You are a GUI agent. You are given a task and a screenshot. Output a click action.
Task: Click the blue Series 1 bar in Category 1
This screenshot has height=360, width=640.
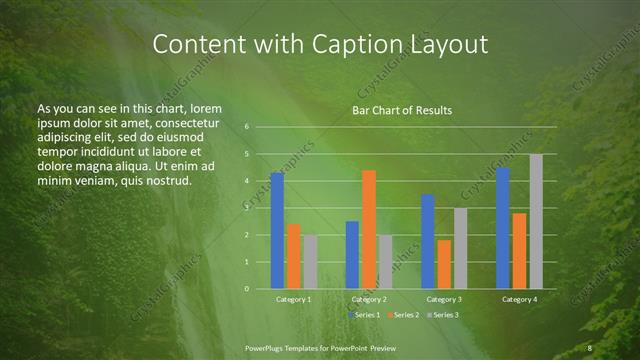click(x=277, y=231)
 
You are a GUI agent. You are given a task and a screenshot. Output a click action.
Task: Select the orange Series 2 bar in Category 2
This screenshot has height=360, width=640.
click(x=369, y=229)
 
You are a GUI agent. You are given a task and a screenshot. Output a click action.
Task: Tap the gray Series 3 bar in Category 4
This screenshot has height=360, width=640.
click(x=536, y=221)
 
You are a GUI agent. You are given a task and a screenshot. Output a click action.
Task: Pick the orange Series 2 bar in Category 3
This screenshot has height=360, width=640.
click(x=444, y=264)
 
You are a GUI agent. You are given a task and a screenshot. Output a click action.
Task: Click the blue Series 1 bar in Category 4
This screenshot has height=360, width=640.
click(x=503, y=228)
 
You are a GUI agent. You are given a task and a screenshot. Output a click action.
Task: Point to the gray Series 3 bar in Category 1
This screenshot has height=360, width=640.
click(x=310, y=262)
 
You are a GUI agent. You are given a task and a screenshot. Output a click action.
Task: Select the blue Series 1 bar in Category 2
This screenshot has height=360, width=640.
click(x=352, y=255)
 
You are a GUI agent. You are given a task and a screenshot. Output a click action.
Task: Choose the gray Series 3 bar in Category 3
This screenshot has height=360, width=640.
click(x=460, y=248)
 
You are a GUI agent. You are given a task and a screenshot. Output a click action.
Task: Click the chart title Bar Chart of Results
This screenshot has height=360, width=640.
click(x=402, y=109)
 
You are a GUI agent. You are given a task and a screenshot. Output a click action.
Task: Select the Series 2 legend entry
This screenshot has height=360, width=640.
click(x=403, y=315)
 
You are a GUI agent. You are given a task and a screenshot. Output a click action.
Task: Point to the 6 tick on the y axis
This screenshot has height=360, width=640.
click(x=246, y=127)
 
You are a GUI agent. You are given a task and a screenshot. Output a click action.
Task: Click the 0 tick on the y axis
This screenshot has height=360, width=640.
click(x=246, y=289)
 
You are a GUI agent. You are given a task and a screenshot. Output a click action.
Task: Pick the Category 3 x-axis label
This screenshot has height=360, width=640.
click(x=444, y=299)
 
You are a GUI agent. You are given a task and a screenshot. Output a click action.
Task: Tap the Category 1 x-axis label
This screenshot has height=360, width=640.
click(x=293, y=299)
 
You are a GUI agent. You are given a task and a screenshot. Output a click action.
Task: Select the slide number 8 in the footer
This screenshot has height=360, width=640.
click(x=590, y=348)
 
